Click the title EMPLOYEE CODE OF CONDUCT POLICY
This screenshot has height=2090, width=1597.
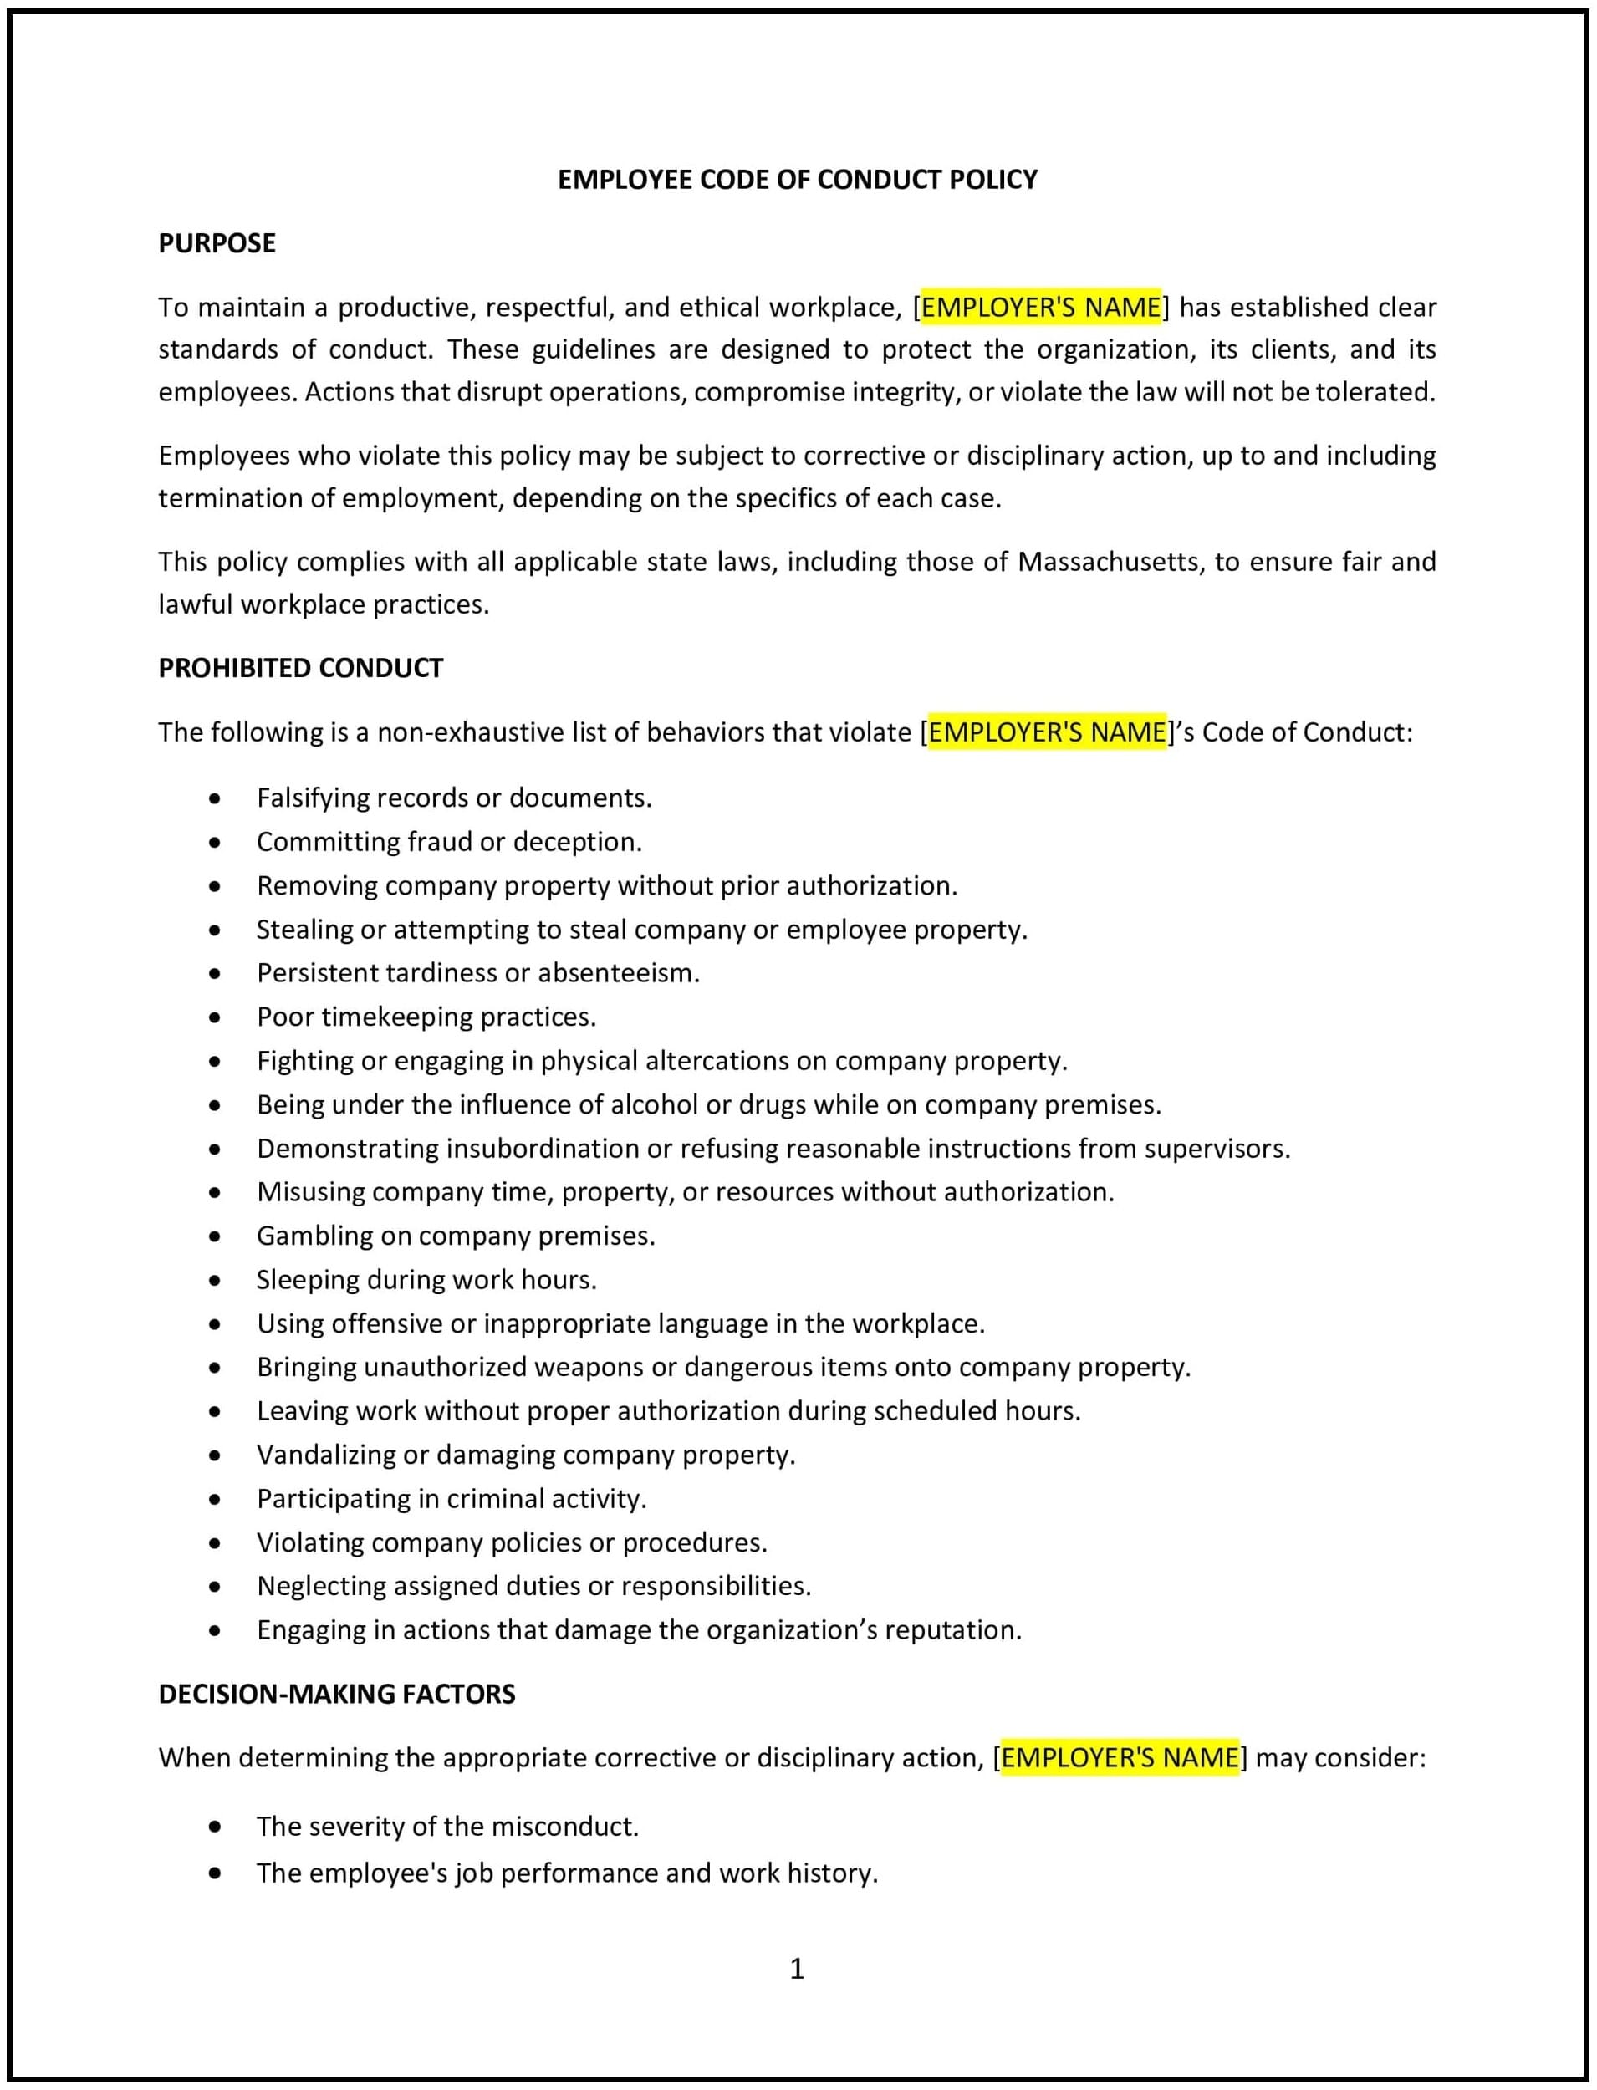(797, 180)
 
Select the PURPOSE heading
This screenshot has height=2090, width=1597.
(217, 243)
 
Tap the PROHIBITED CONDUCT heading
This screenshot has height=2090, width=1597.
(300, 668)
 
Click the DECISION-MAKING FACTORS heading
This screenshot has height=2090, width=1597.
(336, 1694)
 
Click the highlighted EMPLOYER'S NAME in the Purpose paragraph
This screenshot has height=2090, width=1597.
(1041, 307)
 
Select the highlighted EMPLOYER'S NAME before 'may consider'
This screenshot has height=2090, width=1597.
(1120, 1757)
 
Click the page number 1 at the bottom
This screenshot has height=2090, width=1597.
(797, 1968)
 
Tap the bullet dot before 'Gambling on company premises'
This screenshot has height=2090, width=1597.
(216, 1236)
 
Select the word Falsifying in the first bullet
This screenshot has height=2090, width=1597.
(313, 798)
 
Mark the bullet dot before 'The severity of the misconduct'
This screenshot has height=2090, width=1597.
(216, 1827)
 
